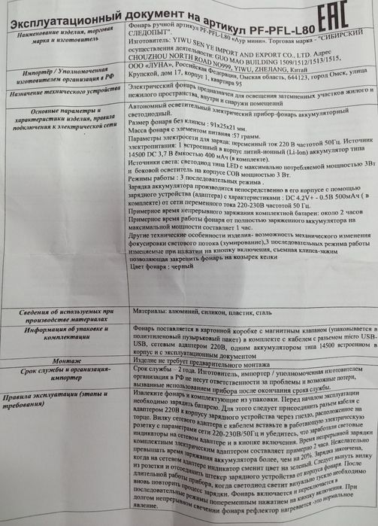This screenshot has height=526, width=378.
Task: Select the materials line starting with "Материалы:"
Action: click(x=192, y=312)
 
